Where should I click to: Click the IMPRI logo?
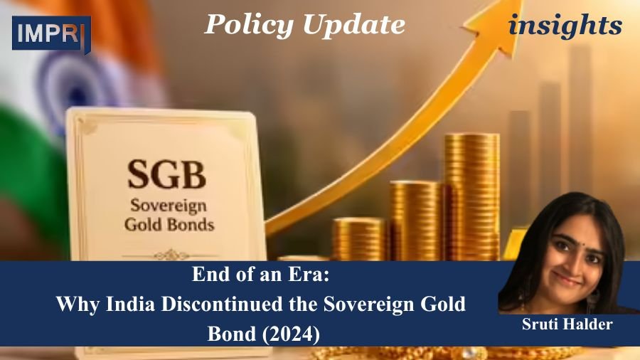pos(51,34)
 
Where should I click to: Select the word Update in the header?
pos(354,25)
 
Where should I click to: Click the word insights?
pos(565,26)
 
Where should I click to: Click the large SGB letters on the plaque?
pos(166,174)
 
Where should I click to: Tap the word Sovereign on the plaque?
pos(168,206)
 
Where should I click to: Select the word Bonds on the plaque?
pos(193,224)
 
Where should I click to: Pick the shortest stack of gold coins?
pos(358,240)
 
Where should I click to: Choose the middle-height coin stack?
pos(416,221)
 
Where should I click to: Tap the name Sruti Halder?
pos(567,324)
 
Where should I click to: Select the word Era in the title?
pos(312,275)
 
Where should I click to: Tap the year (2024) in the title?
pos(291,334)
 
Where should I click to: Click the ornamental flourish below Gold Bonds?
pos(171,255)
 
